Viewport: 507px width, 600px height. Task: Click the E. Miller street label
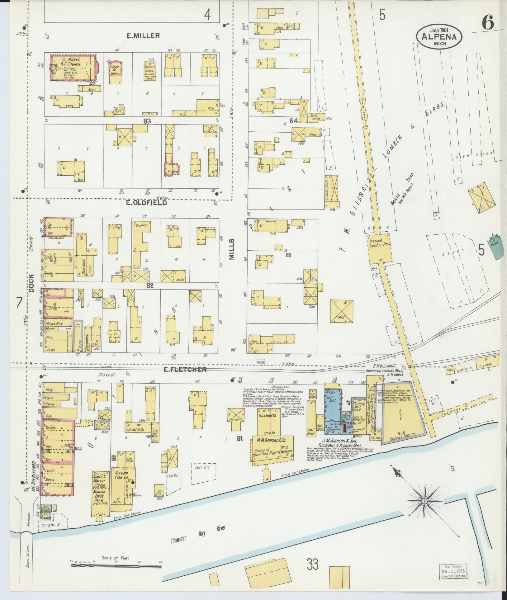pyautogui.click(x=143, y=36)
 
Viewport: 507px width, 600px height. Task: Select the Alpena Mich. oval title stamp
pyautogui.click(x=439, y=36)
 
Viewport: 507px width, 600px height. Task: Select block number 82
pyautogui.click(x=150, y=285)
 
